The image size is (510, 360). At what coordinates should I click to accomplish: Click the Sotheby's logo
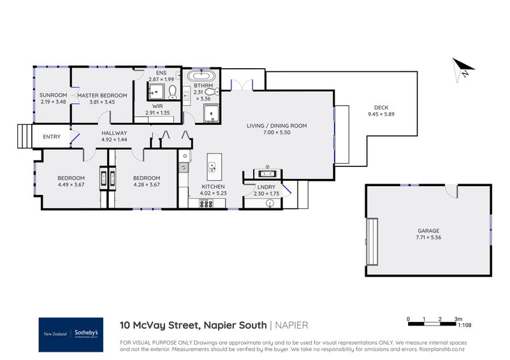71,334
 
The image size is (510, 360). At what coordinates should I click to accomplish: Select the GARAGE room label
428,231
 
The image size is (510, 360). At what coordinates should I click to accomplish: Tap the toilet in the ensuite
172,90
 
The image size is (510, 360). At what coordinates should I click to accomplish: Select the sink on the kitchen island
212,168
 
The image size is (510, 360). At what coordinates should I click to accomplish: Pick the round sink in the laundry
271,204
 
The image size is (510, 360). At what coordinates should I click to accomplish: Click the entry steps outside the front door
24,136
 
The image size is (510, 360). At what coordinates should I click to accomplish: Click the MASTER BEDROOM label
102,96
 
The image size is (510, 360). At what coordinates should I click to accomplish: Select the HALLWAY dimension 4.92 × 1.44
115,139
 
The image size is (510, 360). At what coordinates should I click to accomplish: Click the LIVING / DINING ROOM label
277,126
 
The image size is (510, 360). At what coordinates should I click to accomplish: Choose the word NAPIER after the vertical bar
292,325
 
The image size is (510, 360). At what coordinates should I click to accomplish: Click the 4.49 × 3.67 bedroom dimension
70,185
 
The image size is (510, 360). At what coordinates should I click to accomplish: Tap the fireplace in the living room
266,173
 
